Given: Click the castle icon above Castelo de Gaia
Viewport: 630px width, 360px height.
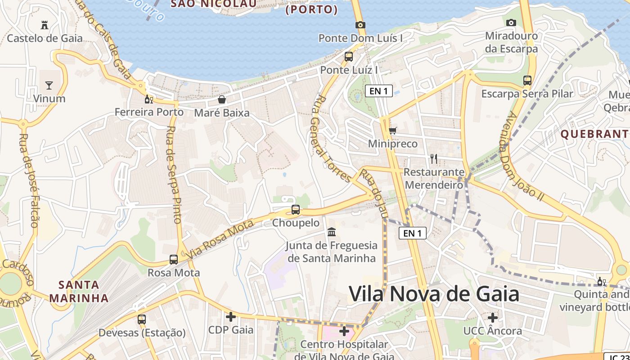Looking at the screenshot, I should [x=45, y=24].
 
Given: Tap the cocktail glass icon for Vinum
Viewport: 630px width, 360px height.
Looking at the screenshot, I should [x=49, y=85].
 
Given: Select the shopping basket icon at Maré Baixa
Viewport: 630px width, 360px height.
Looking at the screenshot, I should [x=221, y=99].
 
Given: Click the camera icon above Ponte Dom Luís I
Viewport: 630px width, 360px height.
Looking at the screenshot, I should [x=360, y=25].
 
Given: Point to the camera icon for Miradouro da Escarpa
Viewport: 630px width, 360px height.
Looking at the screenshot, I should [x=511, y=22].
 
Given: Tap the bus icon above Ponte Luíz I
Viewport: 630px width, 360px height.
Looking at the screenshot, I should [x=349, y=57].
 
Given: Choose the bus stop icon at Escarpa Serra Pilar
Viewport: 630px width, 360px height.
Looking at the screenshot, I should [x=527, y=81].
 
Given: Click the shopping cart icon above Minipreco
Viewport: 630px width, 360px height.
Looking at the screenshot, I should [x=393, y=130].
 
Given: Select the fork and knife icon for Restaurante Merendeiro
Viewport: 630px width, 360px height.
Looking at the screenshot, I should [x=434, y=158].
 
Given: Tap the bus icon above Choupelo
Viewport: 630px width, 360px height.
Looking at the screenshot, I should [x=296, y=209].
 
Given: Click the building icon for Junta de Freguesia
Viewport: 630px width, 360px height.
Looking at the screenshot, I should [x=332, y=232].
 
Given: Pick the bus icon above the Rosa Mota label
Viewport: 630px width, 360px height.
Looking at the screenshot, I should [x=174, y=259].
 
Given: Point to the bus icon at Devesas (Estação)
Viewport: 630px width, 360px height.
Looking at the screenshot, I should [x=142, y=319].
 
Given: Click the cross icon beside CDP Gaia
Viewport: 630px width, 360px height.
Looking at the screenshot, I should [x=231, y=317].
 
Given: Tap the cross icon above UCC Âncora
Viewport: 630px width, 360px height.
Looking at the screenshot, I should [x=493, y=318].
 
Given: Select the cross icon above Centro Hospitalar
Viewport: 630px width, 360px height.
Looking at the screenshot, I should [x=344, y=332].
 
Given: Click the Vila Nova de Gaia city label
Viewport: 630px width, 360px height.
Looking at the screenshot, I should [x=434, y=294].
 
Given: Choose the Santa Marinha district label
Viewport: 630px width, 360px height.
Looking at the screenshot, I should [x=79, y=291].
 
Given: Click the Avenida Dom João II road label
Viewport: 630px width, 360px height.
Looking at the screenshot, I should [x=525, y=156].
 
